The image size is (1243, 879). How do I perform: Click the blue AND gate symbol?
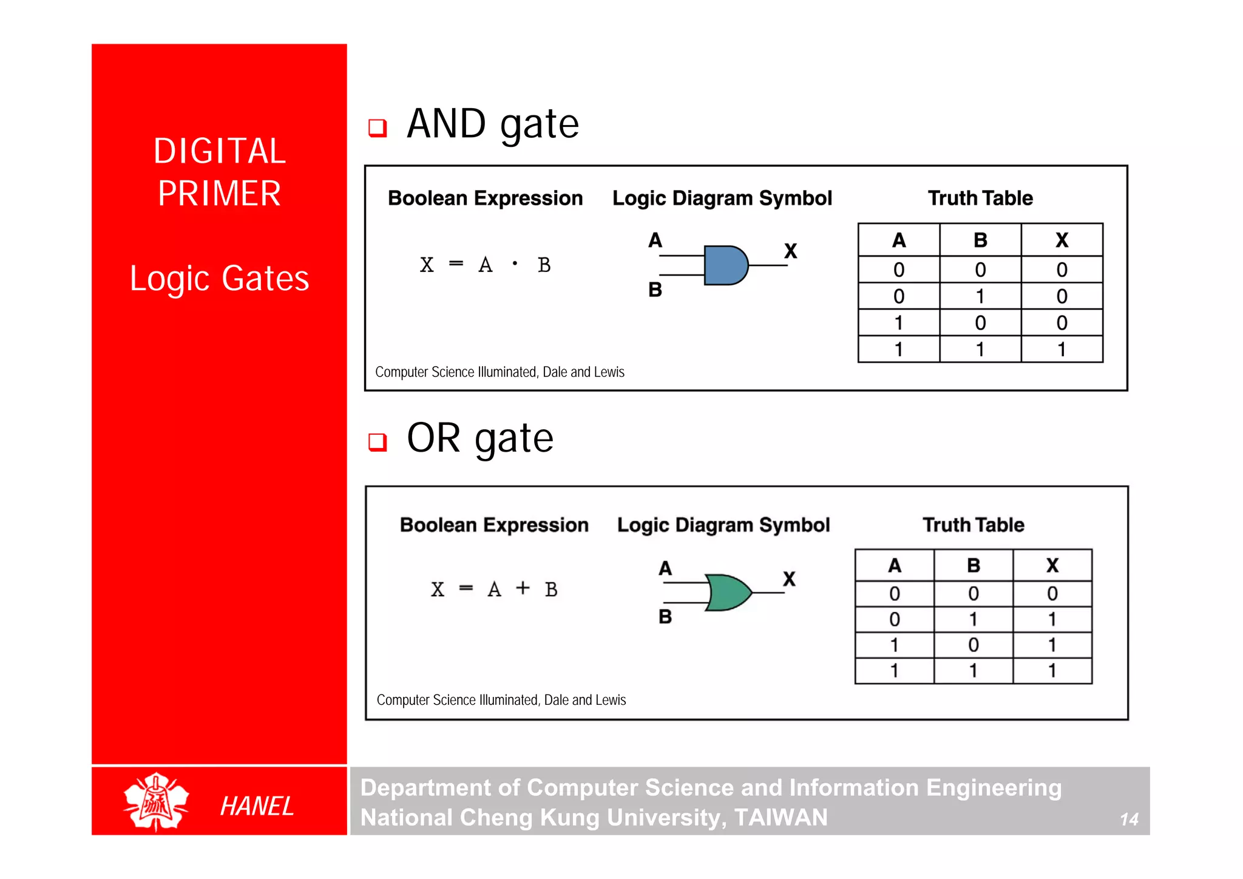(x=725, y=265)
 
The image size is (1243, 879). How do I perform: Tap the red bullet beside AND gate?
(x=378, y=127)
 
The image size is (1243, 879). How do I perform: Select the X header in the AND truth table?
(x=1062, y=240)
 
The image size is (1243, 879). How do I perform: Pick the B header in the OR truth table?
(x=973, y=566)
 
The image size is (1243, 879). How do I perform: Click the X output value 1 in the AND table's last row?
(x=1062, y=350)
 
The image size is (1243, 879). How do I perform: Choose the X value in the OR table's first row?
(x=1052, y=593)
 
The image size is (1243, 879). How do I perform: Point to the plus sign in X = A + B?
(x=523, y=588)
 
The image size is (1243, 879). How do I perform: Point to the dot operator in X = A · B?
(x=515, y=263)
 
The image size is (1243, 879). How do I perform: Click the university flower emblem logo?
(x=156, y=801)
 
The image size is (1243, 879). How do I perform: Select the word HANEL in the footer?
(x=257, y=806)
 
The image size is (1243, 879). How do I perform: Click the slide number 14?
(x=1129, y=820)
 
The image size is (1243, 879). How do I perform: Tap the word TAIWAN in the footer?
(x=781, y=818)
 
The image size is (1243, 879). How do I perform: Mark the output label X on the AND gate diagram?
(x=790, y=251)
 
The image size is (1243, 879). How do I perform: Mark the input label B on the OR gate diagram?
(x=665, y=617)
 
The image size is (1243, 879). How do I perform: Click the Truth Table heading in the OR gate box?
(x=973, y=525)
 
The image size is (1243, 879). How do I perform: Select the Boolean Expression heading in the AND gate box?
(x=485, y=199)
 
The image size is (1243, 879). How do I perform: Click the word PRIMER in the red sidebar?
(x=219, y=194)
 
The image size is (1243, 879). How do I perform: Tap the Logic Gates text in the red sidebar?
(x=219, y=279)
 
